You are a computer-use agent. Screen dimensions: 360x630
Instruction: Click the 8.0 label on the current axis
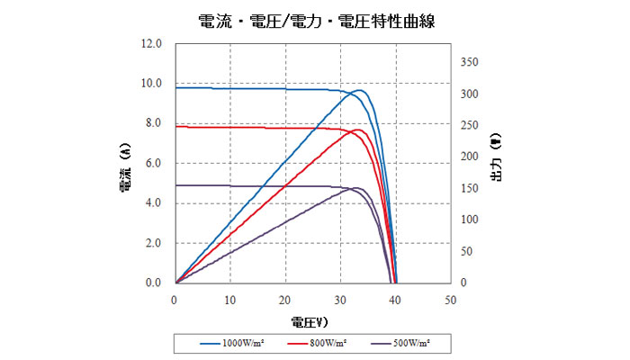[x=151, y=123]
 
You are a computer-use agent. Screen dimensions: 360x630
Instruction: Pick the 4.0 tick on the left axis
[x=151, y=202]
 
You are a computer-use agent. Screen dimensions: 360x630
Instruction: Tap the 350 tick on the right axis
[x=471, y=62]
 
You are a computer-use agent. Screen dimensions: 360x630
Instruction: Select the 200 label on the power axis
[x=471, y=157]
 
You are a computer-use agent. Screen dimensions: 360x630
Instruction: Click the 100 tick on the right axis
[x=471, y=220]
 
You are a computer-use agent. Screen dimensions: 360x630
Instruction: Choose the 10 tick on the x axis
[x=230, y=299]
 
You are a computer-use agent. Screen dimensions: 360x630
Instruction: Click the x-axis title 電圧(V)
[x=309, y=320]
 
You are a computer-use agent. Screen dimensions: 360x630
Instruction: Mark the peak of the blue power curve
[x=358, y=90]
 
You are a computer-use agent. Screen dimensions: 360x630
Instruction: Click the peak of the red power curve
[x=357, y=130]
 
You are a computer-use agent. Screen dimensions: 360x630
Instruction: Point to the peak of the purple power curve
[x=355, y=188]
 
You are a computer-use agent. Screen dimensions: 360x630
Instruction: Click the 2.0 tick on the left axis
[x=151, y=243]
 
